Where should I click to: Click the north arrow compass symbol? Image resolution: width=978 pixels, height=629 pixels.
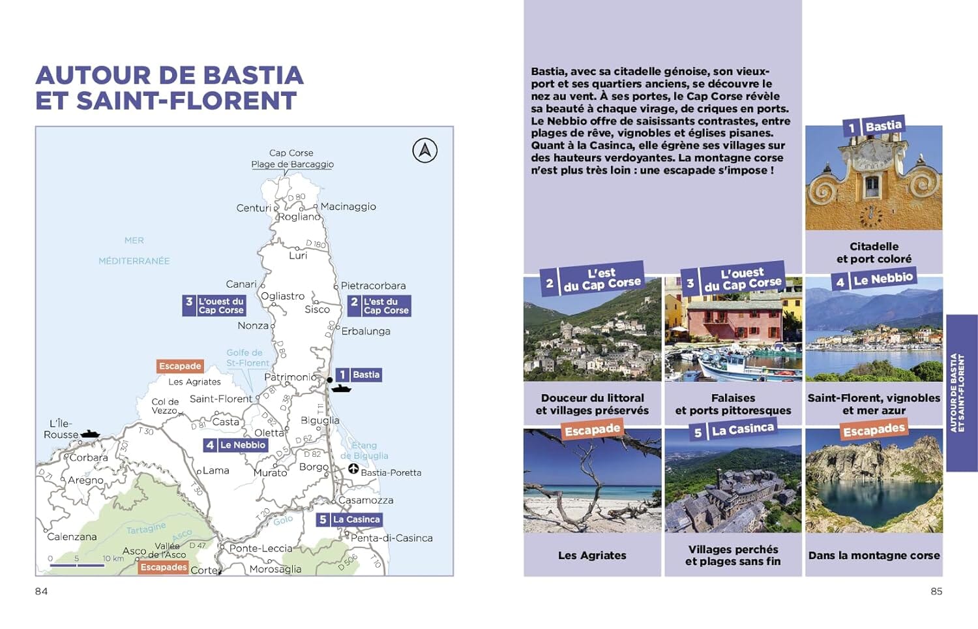click(424, 151)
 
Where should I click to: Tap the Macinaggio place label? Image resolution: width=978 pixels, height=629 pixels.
click(348, 206)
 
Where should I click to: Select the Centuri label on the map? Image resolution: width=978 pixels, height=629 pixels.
click(254, 208)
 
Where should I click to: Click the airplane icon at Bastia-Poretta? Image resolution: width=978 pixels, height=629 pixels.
click(353, 468)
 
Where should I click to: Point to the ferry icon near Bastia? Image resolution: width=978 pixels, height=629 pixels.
click(341, 388)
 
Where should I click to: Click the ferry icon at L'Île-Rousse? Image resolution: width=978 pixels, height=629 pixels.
click(89, 434)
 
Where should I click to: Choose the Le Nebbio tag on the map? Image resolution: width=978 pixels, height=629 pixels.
click(235, 445)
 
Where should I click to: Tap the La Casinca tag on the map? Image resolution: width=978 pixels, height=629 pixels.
click(349, 519)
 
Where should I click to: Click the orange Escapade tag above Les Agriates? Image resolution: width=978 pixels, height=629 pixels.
click(180, 366)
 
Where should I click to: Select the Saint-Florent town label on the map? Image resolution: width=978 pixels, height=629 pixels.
click(220, 399)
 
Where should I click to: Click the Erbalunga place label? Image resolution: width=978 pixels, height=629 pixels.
click(366, 331)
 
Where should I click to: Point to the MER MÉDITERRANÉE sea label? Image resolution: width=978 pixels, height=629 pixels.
click(134, 251)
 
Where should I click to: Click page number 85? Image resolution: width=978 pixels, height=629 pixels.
click(936, 591)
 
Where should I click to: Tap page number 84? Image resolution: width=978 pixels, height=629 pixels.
click(41, 591)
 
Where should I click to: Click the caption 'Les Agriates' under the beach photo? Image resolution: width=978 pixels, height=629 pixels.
click(592, 555)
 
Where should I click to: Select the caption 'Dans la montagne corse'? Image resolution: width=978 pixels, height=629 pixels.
click(874, 555)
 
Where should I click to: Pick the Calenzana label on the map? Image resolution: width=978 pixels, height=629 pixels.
click(72, 536)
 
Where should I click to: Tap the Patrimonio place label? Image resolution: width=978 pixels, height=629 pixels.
click(290, 377)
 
